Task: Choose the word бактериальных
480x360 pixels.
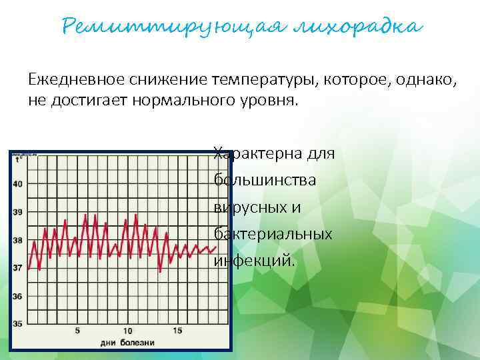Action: pyautogui.click(x=273, y=234)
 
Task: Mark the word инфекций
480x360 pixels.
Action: pyautogui.click(x=253, y=261)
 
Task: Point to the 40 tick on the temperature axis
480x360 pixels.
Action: pyautogui.click(x=17, y=184)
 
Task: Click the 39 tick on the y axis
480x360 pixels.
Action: pyautogui.click(x=17, y=212)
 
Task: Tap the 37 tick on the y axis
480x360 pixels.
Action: pyautogui.click(x=17, y=268)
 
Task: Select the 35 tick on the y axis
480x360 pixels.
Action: pyautogui.click(x=17, y=324)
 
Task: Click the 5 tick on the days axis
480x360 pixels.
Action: pyautogui.click(x=77, y=331)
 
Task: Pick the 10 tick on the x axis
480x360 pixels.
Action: pyautogui.click(x=127, y=331)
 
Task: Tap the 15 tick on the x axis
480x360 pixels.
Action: pyautogui.click(x=177, y=331)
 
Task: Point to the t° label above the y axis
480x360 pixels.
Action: pyautogui.click(x=19, y=159)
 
